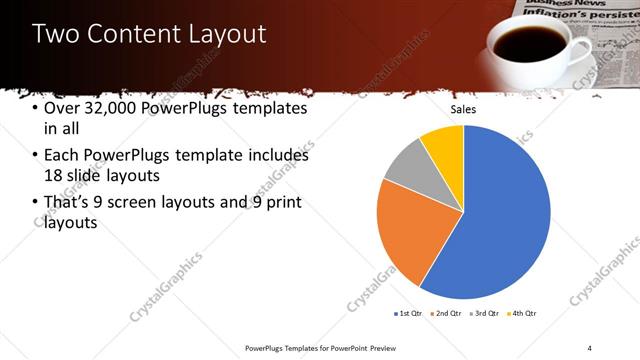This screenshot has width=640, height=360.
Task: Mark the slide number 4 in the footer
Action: (x=589, y=347)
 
